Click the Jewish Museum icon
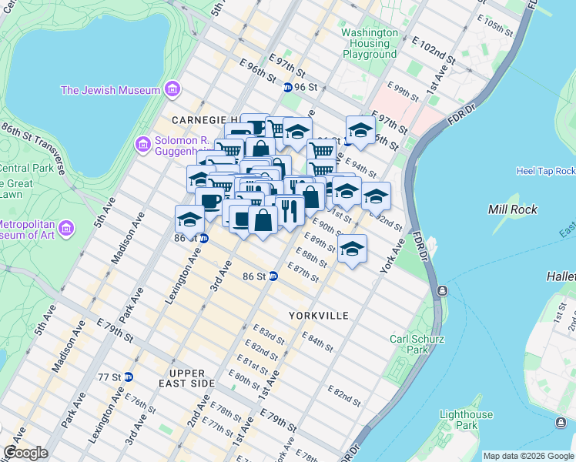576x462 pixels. (x=171, y=90)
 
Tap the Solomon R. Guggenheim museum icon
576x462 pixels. (x=142, y=144)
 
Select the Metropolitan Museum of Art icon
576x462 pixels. (x=65, y=229)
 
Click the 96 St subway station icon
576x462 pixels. (x=287, y=88)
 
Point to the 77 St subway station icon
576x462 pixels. (x=129, y=377)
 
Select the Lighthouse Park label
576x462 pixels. (x=465, y=420)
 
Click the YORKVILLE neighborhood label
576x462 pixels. (x=319, y=316)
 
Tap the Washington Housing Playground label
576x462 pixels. (x=370, y=44)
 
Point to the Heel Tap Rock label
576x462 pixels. (x=546, y=171)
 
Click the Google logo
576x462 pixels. (x=25, y=453)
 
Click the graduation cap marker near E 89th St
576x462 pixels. (x=352, y=249)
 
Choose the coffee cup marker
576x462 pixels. (x=209, y=202)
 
